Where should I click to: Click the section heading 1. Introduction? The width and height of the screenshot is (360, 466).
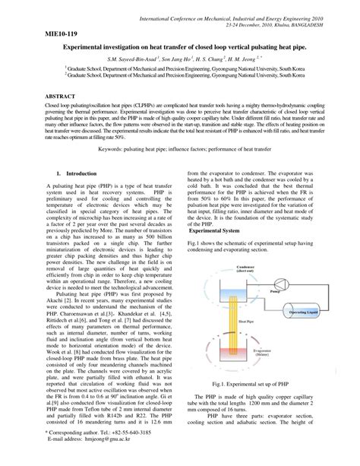tap(76, 195)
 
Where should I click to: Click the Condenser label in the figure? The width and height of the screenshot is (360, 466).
tap(245, 268)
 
